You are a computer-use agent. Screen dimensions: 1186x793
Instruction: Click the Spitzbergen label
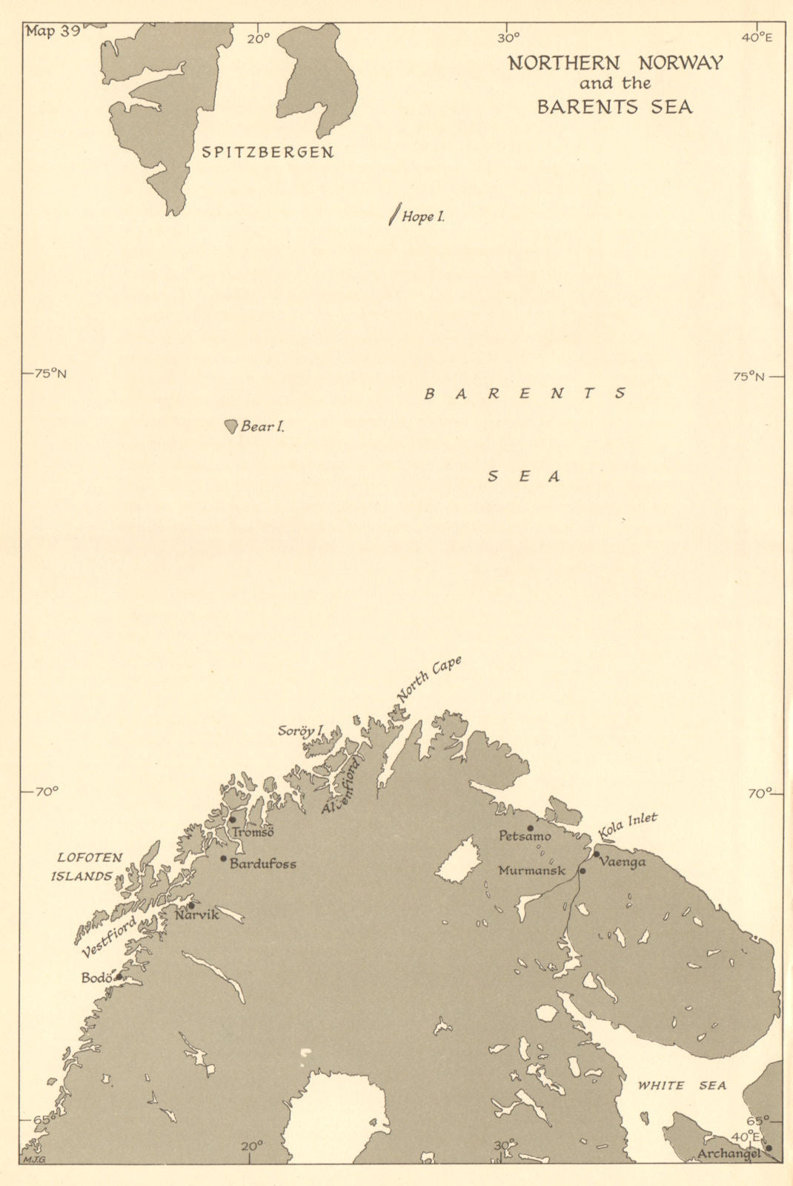click(268, 153)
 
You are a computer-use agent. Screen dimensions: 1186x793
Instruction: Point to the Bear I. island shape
click(231, 426)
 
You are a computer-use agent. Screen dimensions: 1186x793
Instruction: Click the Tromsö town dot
click(232, 820)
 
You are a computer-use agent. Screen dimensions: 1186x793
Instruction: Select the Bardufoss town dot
click(223, 858)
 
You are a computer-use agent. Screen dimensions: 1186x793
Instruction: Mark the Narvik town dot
click(190, 905)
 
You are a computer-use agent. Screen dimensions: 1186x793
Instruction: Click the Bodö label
click(95, 978)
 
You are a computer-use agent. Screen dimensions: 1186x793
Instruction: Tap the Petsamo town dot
click(530, 828)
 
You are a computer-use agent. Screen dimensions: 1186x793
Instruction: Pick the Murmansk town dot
click(583, 870)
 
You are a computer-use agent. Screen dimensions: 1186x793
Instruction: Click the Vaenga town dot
click(596, 854)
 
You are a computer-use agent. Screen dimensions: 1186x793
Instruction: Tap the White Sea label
click(682, 1086)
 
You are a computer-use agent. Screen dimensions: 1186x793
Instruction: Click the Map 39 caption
click(53, 31)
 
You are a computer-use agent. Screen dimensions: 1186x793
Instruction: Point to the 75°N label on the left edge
click(50, 374)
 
